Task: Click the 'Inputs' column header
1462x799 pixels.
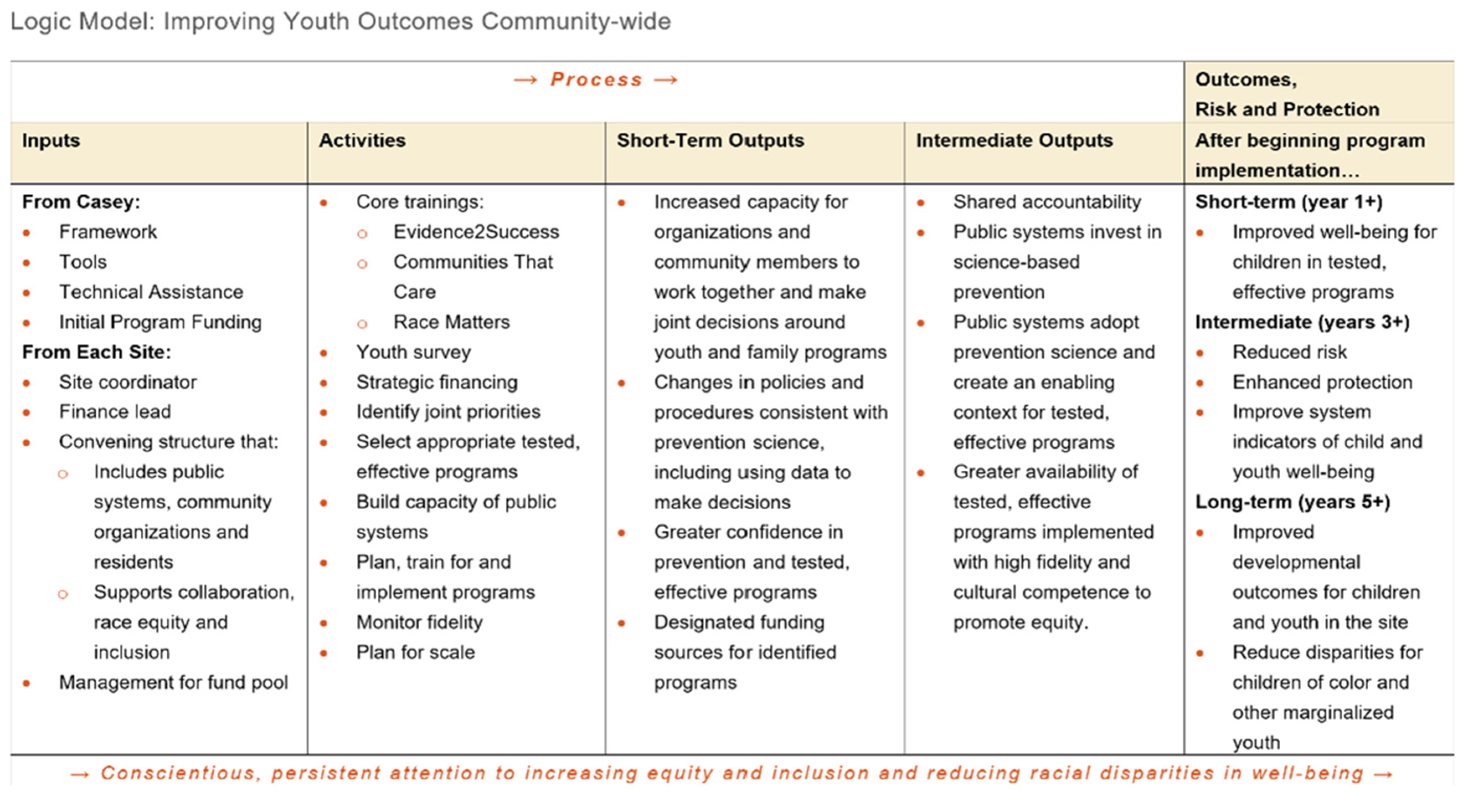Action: (51, 141)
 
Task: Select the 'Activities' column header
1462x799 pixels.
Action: (362, 141)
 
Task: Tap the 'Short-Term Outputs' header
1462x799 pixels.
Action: (711, 141)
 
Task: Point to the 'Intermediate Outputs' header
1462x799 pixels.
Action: (1014, 141)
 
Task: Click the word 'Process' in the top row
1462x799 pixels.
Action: (596, 80)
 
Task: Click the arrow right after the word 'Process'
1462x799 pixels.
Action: (666, 80)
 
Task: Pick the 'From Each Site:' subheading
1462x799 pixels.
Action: (96, 353)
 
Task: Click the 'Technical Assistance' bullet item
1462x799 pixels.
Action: (151, 292)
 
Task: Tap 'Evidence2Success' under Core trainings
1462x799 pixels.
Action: (476, 232)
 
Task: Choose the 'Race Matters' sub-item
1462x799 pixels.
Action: (452, 322)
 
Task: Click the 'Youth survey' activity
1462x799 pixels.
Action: (413, 353)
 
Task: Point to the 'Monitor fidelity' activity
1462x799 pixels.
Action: (419, 623)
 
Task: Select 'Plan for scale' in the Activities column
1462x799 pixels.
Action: (415, 652)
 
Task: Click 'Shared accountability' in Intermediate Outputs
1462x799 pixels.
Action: (1047, 202)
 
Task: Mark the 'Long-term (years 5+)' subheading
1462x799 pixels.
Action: (1293, 502)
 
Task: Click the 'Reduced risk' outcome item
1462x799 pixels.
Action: (1289, 353)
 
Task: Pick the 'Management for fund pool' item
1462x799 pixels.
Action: (174, 683)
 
